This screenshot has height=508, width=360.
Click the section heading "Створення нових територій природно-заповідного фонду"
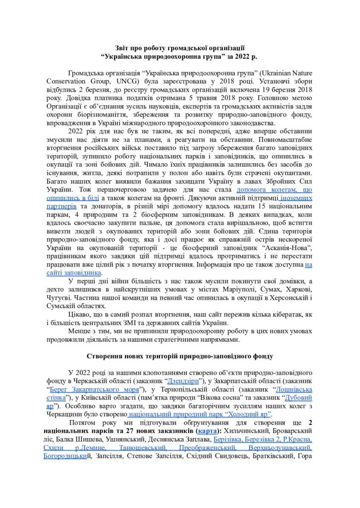[x=179, y=356]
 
